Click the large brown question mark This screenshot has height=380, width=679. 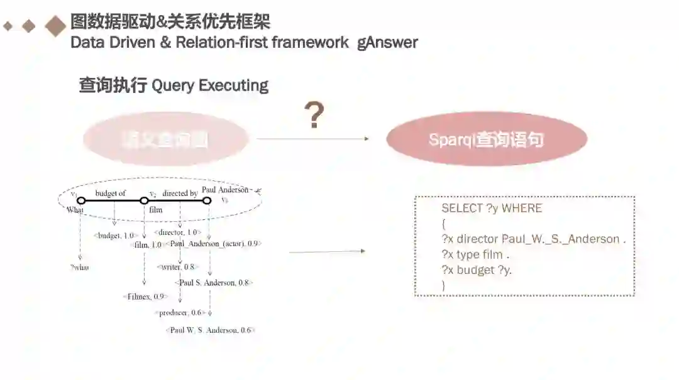pos(314,116)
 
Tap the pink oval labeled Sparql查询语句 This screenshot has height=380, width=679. pos(486,139)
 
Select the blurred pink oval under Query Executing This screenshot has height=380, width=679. pos(165,139)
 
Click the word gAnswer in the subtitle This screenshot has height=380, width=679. pos(387,43)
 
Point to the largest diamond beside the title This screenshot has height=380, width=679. pos(56,26)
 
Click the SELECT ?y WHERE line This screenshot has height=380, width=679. pos(491,209)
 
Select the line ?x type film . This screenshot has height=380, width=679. pos(475,254)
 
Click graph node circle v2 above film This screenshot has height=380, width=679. pos(144,201)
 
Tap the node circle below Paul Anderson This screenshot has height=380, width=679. pos(206,201)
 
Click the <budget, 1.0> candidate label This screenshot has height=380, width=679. pos(115,236)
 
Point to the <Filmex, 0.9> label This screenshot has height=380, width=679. pos(145,296)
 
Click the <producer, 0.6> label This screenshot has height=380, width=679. pos(180,313)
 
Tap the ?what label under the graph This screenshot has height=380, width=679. pos(80,267)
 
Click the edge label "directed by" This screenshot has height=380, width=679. pos(180,193)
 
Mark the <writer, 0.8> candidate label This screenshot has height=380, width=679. pos(177,267)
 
